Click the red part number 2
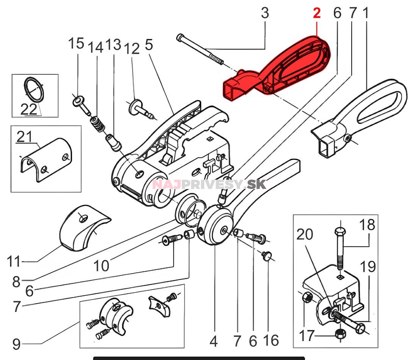click(x=317, y=13)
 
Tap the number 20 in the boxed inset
click(x=305, y=235)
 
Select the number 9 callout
click(x=16, y=344)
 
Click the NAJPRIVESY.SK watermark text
click(x=209, y=185)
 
